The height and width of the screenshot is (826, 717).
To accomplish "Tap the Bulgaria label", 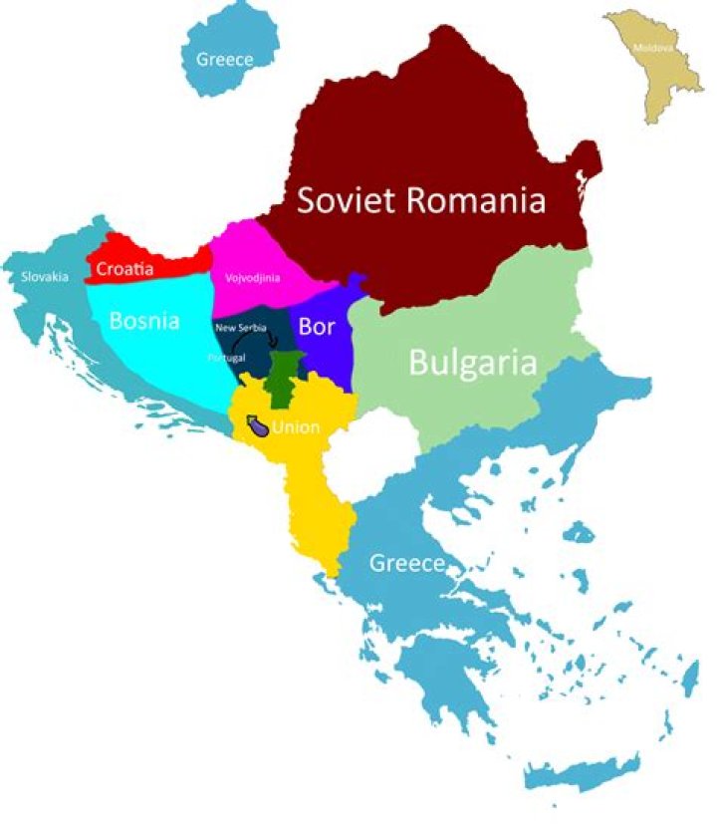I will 473,363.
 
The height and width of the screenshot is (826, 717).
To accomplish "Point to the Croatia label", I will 124,268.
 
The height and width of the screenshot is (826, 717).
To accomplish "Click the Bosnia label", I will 144,321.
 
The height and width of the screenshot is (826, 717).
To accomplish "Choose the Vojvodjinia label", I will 253,279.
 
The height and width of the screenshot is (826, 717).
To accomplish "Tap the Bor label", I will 317,326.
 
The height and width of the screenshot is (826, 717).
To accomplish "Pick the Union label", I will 296,428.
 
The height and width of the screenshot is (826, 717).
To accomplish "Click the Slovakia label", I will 45,276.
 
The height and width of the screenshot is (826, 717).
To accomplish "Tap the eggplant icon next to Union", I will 256,425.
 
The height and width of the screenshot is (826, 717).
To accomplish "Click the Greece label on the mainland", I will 406,564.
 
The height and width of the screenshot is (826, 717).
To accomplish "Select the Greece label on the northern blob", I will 224,59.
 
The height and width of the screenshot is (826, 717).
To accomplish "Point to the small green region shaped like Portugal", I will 287,374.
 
